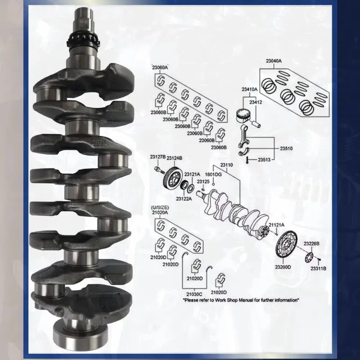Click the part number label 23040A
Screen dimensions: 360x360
(274, 61)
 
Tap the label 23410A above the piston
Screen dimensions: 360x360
(250, 89)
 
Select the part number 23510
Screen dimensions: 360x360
(286, 148)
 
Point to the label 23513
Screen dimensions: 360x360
(264, 160)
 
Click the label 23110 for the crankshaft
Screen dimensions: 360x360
(226, 165)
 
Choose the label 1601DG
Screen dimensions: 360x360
(213, 175)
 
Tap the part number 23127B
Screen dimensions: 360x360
(158, 157)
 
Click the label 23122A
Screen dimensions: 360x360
(184, 198)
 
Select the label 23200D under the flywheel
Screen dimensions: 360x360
(283, 267)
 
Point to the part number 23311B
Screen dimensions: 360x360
(319, 268)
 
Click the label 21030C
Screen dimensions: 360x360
(194, 294)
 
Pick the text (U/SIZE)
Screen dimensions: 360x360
(160, 207)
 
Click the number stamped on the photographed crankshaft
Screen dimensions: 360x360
(99, 142)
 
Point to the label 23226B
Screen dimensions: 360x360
(311, 243)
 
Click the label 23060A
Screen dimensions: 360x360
(160, 67)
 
